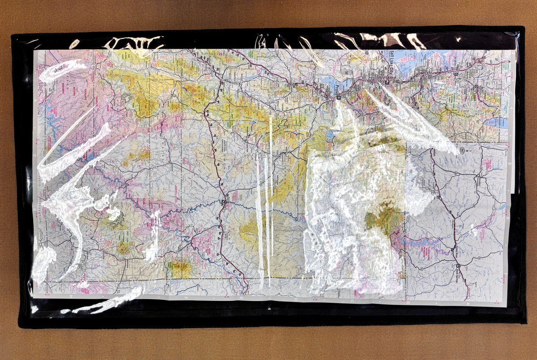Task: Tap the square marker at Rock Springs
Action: (x=458, y=267)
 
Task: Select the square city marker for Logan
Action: (x=476, y=86)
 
